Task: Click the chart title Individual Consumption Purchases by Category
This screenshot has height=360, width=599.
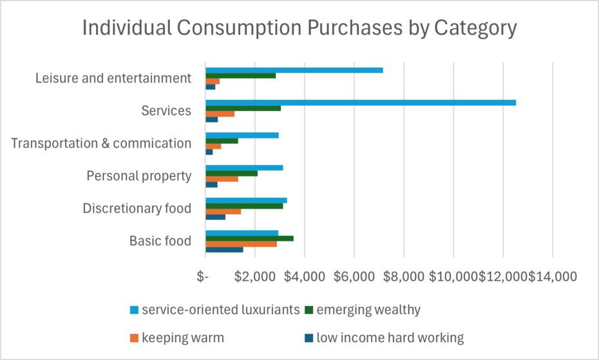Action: coord(299,29)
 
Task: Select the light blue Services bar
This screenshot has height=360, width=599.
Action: coord(361,102)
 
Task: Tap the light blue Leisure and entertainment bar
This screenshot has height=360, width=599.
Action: coord(294,70)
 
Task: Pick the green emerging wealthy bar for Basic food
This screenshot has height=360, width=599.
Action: coord(249,238)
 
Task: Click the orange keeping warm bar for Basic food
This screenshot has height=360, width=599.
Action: coord(241,244)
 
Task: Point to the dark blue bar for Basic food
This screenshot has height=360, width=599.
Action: coord(224,249)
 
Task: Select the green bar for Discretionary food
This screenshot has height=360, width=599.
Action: coord(244,206)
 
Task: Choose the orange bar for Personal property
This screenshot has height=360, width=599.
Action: coord(222,179)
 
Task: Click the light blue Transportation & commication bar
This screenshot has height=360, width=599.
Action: coord(242,135)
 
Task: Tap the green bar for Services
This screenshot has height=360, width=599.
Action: coord(243,108)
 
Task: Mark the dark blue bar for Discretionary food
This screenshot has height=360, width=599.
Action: coord(215,217)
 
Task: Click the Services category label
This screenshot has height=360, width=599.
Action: coord(166,111)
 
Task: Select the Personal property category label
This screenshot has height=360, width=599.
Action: coord(139,176)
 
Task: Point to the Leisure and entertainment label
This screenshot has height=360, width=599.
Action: coord(113,79)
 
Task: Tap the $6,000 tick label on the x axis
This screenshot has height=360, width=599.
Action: coord(354,277)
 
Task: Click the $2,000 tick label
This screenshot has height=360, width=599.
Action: coord(255,277)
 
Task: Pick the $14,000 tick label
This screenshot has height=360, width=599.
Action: coord(553,277)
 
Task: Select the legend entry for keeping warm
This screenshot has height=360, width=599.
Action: coord(183,337)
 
